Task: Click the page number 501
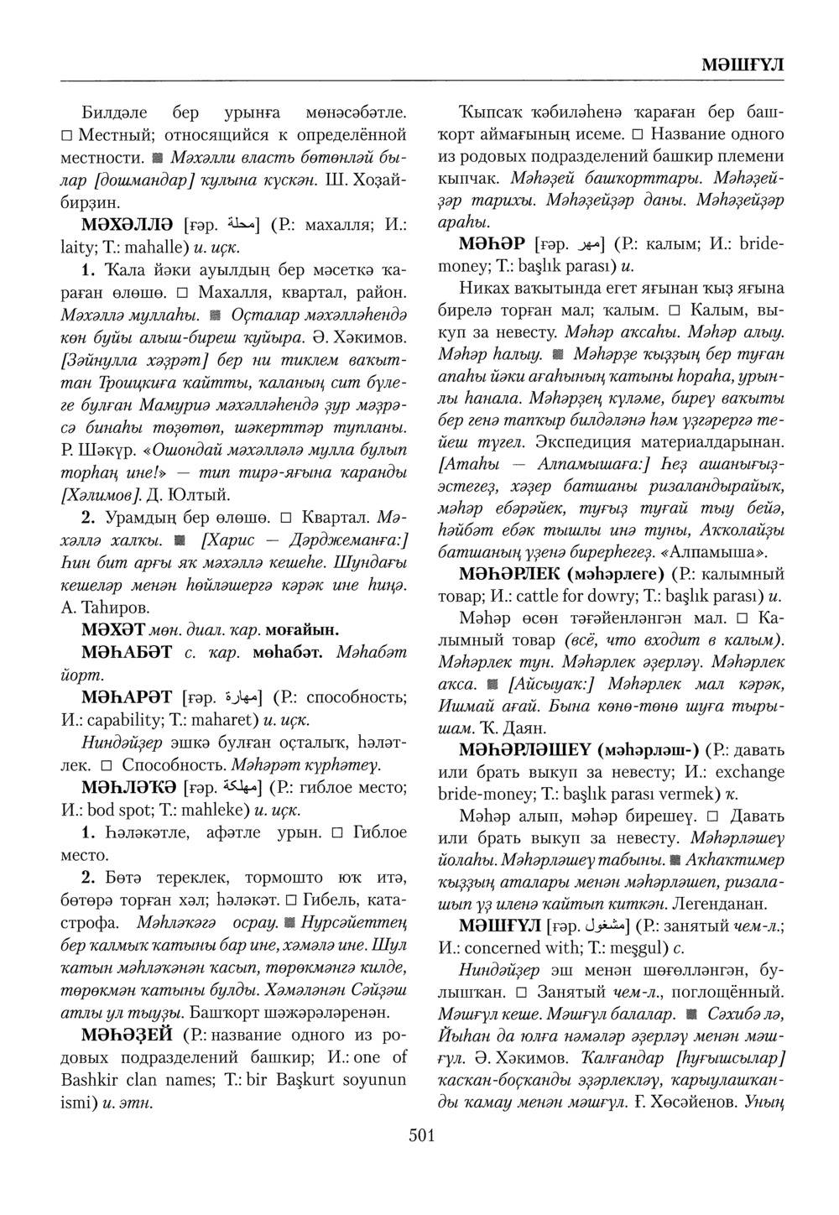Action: (x=421, y=1136)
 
